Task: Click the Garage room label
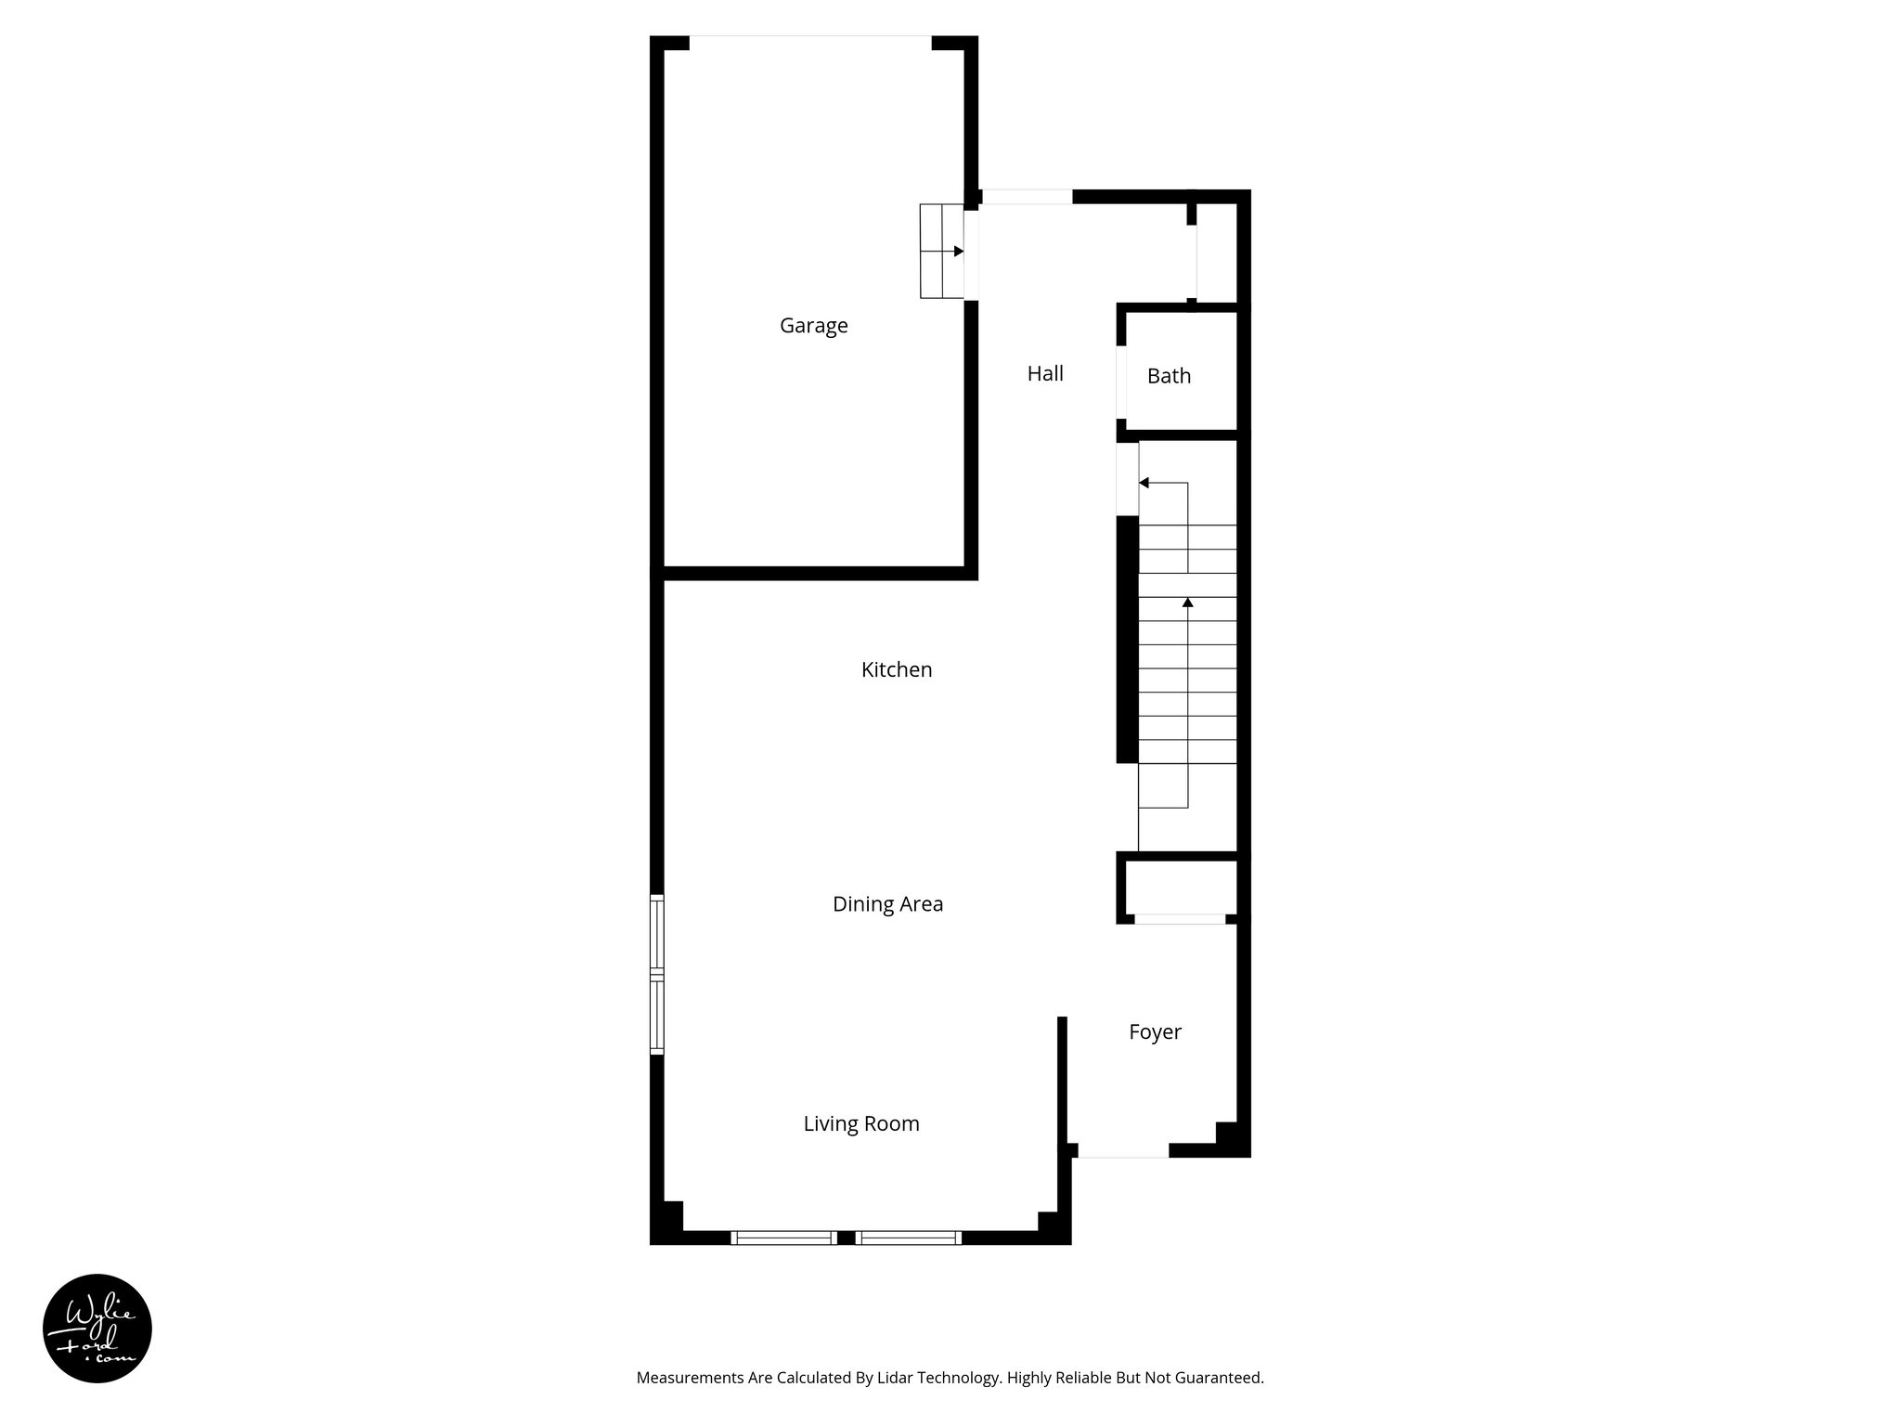(x=813, y=326)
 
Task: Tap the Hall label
(x=1044, y=373)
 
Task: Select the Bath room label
(x=1169, y=376)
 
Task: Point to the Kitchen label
(x=896, y=669)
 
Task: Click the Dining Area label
(x=887, y=904)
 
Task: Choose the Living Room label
(x=860, y=1124)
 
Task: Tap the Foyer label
(x=1155, y=1032)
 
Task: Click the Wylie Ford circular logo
(x=97, y=1329)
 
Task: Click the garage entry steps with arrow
(x=941, y=252)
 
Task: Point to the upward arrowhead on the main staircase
(x=1187, y=603)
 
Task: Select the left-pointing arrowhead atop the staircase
(x=1144, y=483)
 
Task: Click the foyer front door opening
(x=1122, y=1151)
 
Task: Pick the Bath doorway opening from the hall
(x=1121, y=381)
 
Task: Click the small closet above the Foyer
(x=1180, y=889)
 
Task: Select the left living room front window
(x=783, y=1237)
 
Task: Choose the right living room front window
(x=908, y=1237)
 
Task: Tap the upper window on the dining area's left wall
(x=657, y=933)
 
